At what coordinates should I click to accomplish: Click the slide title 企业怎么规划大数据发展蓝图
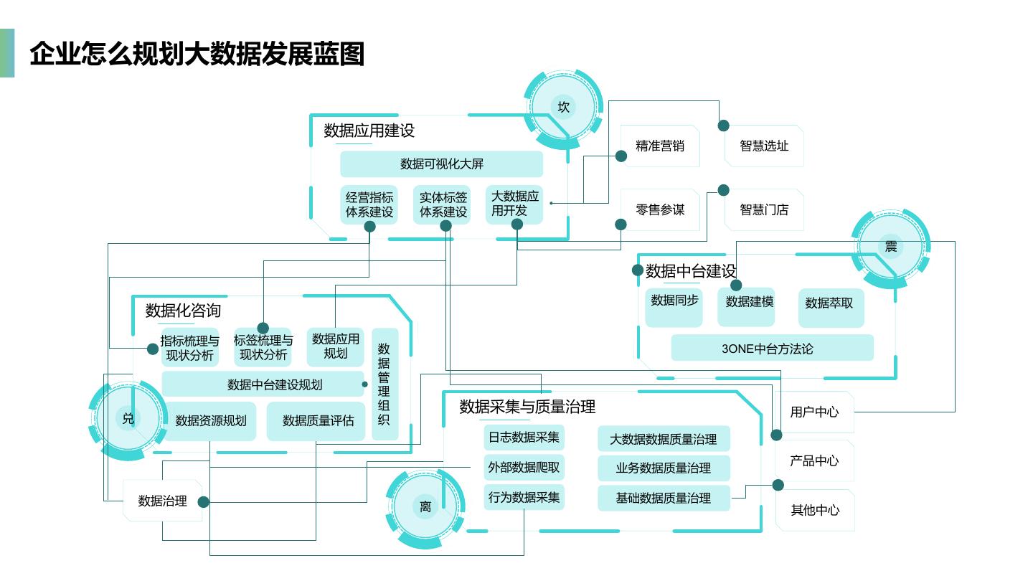pyautogui.click(x=197, y=55)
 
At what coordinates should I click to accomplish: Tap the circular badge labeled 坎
pyautogui.click(x=564, y=107)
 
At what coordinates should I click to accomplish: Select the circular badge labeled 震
pyautogui.click(x=890, y=247)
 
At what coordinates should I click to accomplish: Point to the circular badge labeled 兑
pyautogui.click(x=128, y=418)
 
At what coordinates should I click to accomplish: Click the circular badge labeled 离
pyautogui.click(x=425, y=506)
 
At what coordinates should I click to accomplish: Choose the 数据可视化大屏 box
pyautogui.click(x=441, y=164)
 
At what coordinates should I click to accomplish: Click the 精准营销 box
pyautogui.click(x=660, y=146)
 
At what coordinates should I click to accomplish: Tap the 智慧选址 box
pyautogui.click(x=764, y=146)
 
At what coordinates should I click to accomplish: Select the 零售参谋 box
pyautogui.click(x=660, y=209)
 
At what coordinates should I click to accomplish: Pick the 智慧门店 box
pyautogui.click(x=764, y=209)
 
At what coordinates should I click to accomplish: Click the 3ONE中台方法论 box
pyautogui.click(x=772, y=348)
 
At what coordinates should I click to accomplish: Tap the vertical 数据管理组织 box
pyautogui.click(x=385, y=384)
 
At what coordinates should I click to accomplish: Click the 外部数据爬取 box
pyautogui.click(x=524, y=468)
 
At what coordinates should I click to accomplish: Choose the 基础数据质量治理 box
pyautogui.click(x=664, y=498)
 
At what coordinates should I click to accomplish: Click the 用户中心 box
pyautogui.click(x=814, y=412)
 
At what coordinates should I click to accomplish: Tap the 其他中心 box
pyautogui.click(x=815, y=510)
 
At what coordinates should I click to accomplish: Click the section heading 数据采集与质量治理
pyautogui.click(x=527, y=407)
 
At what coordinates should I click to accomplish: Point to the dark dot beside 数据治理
pyautogui.click(x=204, y=502)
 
